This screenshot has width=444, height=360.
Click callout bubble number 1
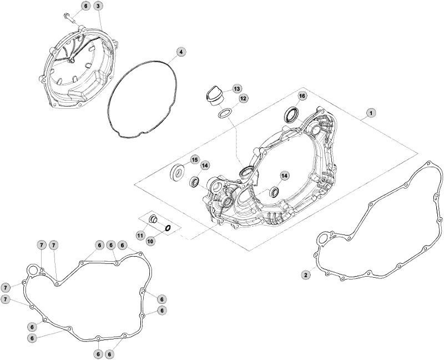[x=371, y=113]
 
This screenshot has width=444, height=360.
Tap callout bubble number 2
[x=306, y=274]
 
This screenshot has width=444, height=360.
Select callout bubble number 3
[x=98, y=6]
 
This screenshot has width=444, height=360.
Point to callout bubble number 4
[x=181, y=52]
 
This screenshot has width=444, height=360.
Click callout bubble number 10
[x=151, y=242]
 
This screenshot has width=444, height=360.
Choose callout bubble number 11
[x=140, y=235]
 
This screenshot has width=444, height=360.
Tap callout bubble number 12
[x=243, y=98]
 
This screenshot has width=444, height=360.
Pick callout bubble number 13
[x=237, y=89]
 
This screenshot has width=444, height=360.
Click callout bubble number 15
[x=194, y=160]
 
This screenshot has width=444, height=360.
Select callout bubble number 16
[x=302, y=96]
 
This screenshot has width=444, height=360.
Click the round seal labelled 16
[x=291, y=114]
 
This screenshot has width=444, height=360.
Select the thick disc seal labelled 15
[x=178, y=172]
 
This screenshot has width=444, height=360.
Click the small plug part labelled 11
[x=154, y=220]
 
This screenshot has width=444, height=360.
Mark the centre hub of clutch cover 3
[x=71, y=59]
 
